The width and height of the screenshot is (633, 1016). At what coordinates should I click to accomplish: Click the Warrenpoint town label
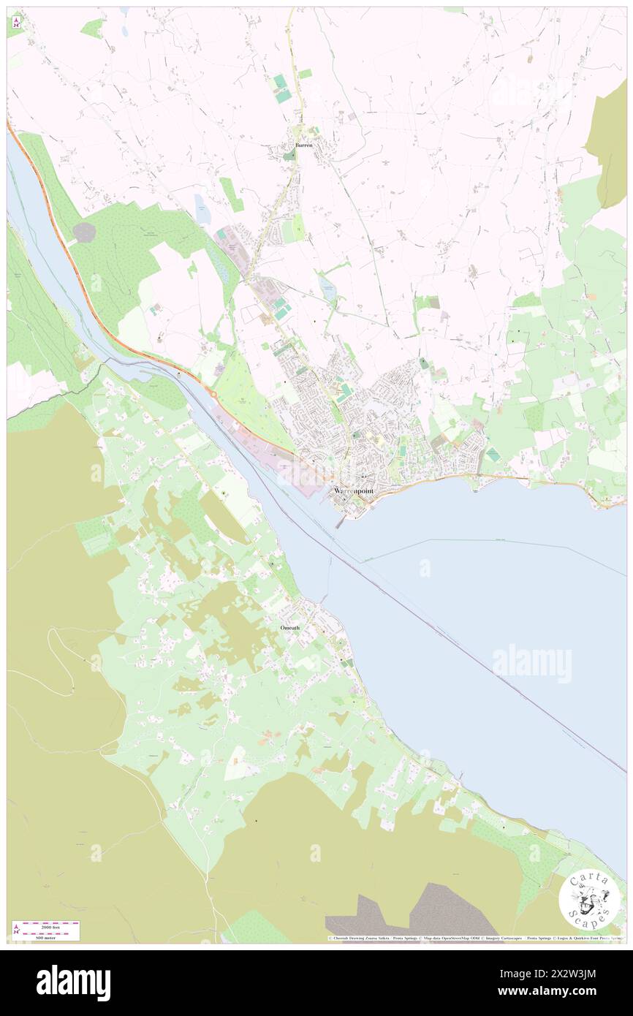354,491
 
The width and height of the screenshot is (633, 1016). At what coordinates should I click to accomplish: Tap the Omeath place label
289,628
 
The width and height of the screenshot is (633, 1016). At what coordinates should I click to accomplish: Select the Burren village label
303,145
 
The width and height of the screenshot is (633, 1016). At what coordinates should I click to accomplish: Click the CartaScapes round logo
589,899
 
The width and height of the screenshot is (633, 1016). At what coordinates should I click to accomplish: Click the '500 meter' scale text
45,936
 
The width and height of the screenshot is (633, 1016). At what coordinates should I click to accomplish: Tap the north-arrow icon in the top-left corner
15,22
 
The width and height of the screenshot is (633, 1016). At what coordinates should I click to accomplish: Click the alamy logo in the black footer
73,982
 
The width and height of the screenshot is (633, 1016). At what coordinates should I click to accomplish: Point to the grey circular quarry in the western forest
84,232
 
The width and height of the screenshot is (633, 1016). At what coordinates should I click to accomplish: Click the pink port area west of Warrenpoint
289,467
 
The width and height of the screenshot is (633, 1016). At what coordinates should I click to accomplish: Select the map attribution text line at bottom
475,939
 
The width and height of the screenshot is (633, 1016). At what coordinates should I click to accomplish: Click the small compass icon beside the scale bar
17,930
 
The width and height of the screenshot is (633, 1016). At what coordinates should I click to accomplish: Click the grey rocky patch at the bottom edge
409,917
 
